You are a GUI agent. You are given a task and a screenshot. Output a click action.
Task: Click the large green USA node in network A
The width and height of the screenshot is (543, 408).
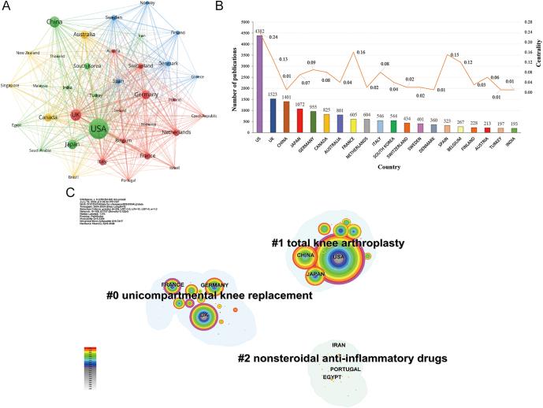(x=98, y=129)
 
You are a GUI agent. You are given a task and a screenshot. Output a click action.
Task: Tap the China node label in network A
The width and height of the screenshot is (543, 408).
(x=54, y=22)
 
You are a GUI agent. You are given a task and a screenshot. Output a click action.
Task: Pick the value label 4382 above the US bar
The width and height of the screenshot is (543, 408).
(x=259, y=32)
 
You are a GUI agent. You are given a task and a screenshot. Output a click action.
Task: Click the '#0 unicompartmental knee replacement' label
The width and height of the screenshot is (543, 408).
(x=210, y=296)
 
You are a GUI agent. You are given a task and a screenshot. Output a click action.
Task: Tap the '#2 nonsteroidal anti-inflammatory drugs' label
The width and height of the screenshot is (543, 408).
(x=343, y=358)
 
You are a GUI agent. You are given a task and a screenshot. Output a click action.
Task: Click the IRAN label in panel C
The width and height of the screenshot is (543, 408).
(x=338, y=346)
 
